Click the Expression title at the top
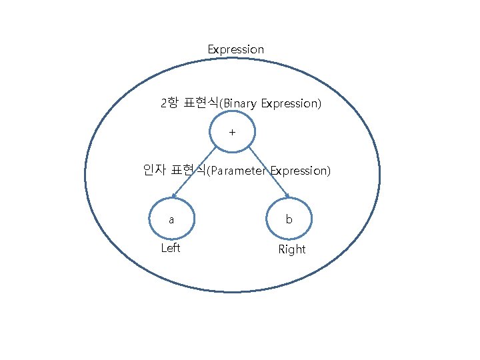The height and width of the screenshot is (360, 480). (x=235, y=49)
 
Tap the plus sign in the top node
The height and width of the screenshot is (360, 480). (x=232, y=132)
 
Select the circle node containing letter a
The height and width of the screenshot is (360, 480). (x=171, y=219)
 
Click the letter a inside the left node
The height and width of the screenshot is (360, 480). (x=171, y=219)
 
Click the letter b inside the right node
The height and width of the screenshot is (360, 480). (x=289, y=219)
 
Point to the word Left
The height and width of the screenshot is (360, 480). (x=171, y=248)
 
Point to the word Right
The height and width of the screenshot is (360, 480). (x=291, y=249)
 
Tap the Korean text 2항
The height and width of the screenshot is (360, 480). (x=169, y=103)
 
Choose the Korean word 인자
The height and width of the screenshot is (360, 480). (x=155, y=171)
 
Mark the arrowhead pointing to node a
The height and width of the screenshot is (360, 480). (x=173, y=196)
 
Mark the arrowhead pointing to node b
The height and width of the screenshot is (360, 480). (x=288, y=196)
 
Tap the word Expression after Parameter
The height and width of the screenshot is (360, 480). (x=299, y=171)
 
